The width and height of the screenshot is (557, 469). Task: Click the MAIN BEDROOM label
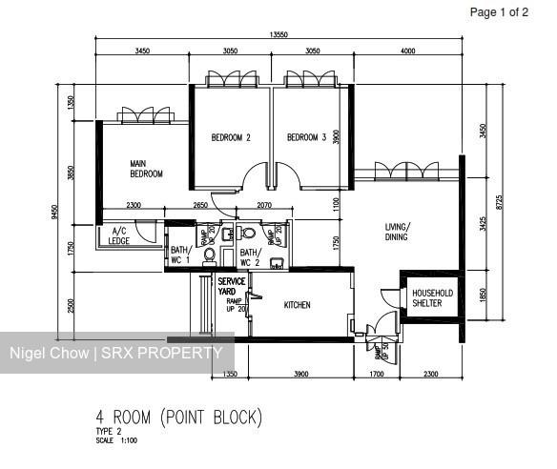point(146,169)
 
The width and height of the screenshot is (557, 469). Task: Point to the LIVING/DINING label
point(398,232)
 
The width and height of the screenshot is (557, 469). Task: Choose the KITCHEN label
point(298,305)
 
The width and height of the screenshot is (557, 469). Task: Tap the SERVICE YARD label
point(231,287)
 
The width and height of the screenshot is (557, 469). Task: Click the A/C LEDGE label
point(120,235)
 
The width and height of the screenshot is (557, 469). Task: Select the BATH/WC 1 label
point(180,255)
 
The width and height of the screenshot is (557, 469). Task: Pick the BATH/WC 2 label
point(250,255)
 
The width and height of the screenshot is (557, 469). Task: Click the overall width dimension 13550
point(278,34)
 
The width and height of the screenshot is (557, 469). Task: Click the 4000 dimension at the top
point(408,50)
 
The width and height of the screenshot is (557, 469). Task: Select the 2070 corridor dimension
point(265,206)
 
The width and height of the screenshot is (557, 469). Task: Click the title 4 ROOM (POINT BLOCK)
point(177,417)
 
